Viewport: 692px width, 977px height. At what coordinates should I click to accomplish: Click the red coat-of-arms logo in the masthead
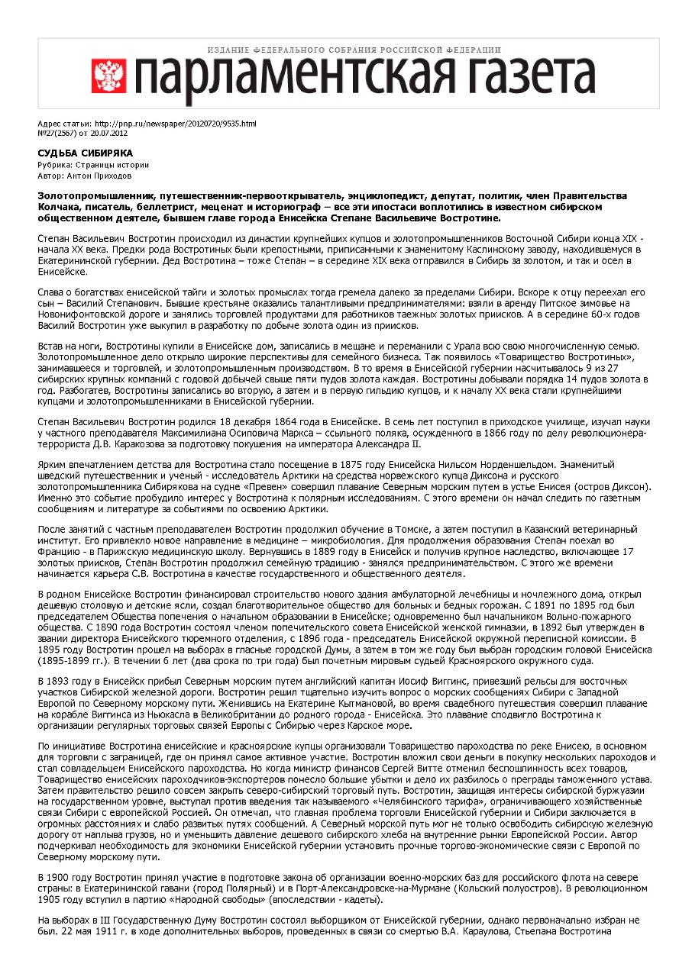108,76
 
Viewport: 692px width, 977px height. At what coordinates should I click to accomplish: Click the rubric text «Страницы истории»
108,165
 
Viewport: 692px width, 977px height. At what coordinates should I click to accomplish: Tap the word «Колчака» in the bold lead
60,207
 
